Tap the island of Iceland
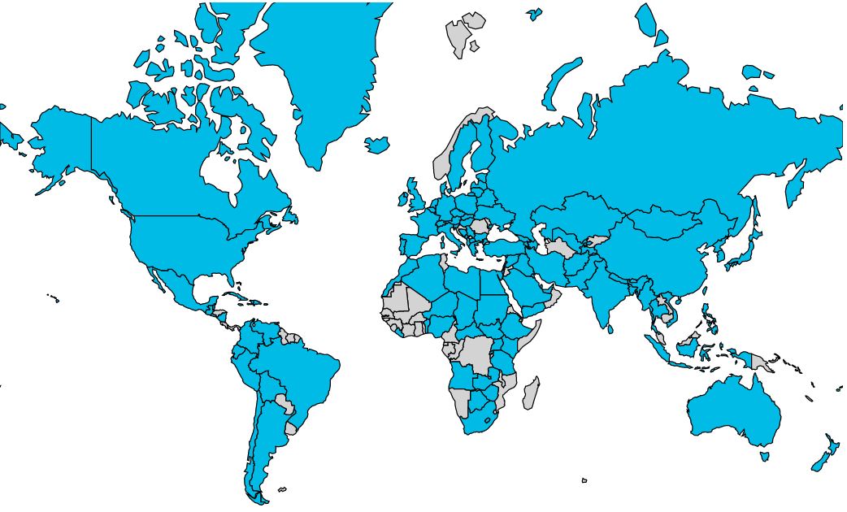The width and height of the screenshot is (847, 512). (x=377, y=145)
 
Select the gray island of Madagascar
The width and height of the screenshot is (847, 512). (x=530, y=393)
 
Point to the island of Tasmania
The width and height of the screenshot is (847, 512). (x=764, y=457)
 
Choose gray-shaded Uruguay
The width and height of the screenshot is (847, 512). (x=291, y=427)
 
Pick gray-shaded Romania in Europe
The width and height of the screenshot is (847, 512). (x=480, y=225)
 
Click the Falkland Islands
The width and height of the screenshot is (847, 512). (x=282, y=489)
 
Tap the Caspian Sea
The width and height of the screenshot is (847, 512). (x=539, y=236)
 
